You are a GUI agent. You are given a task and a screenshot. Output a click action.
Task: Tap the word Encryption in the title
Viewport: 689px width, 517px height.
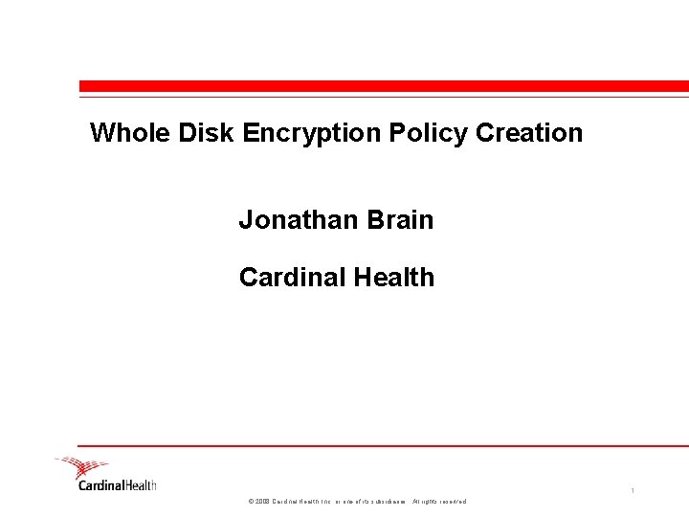313,133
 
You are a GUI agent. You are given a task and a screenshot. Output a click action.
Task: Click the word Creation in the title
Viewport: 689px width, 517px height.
529,133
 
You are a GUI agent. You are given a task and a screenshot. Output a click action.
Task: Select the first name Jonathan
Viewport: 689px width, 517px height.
296,220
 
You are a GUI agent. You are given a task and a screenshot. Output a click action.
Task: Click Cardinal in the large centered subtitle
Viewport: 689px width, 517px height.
293,278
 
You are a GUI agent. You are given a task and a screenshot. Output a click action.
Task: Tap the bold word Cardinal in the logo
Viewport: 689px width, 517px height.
101,485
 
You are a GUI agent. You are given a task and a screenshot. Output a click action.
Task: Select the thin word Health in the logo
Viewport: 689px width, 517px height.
141,485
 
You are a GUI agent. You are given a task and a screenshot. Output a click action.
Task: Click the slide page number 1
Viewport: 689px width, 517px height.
633,491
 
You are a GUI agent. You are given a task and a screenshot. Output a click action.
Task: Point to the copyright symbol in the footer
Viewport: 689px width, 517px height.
251,502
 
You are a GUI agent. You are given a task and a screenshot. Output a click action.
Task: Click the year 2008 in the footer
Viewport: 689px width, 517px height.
262,502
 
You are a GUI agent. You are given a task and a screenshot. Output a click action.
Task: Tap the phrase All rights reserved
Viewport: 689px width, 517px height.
439,502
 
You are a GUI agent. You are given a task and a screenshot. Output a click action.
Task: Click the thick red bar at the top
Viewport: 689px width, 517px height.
384,85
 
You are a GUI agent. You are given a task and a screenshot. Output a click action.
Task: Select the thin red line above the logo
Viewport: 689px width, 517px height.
383,445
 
